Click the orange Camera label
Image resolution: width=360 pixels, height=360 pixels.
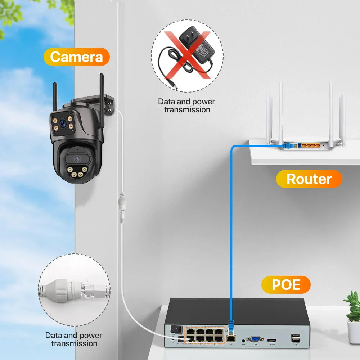click(76, 57)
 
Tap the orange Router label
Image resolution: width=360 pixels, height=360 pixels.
click(309, 179)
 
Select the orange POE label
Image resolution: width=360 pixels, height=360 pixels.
click(285, 284)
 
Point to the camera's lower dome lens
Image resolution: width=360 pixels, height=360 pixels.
click(77, 158)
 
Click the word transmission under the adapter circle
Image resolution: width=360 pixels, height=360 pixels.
click(187, 109)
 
